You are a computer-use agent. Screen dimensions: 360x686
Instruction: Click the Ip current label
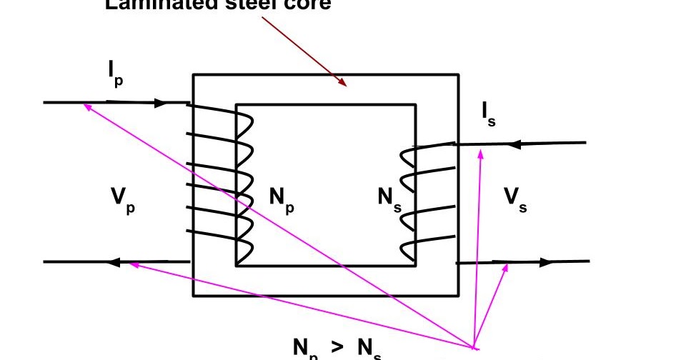pyautogui.click(x=115, y=73)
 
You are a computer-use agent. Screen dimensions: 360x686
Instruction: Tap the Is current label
pyautogui.click(x=488, y=113)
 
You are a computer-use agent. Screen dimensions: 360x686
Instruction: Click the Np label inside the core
pyautogui.click(x=282, y=199)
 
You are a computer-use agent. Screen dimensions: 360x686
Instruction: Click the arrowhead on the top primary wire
pyautogui.click(x=161, y=103)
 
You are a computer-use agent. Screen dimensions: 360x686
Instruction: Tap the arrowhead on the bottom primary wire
pyautogui.click(x=113, y=262)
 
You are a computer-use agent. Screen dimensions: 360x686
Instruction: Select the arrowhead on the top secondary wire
pyautogui.click(x=513, y=144)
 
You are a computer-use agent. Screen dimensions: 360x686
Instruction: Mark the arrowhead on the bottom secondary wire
pyautogui.click(x=546, y=262)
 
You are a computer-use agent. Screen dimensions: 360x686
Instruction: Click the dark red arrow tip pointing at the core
pyautogui.click(x=346, y=85)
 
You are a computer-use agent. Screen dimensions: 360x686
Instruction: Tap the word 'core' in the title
pyautogui.click(x=306, y=4)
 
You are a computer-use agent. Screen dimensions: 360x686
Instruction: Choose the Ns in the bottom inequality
pyautogui.click(x=368, y=349)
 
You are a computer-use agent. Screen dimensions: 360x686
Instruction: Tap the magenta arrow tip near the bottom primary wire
pyautogui.click(x=130, y=264)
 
